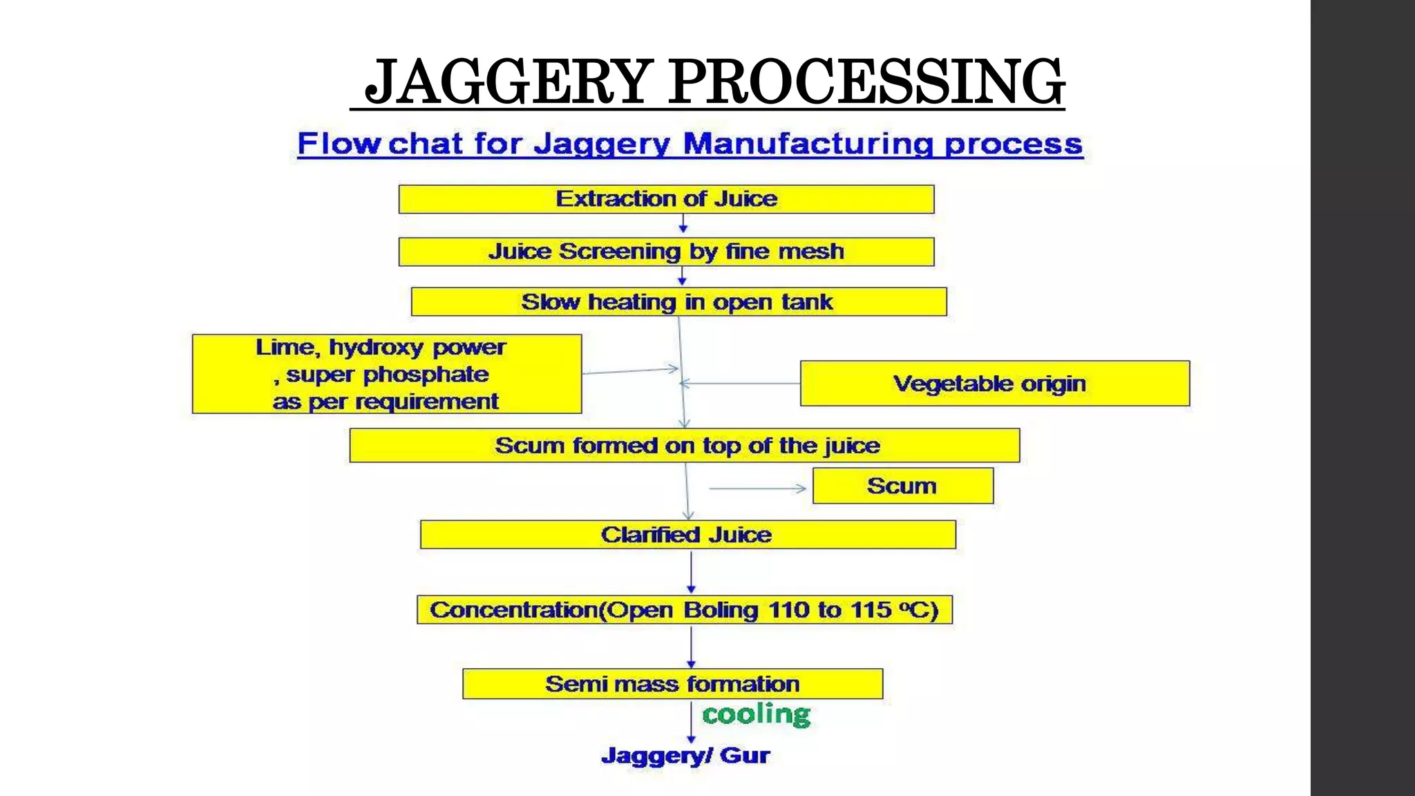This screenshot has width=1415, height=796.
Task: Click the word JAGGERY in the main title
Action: [x=508, y=82]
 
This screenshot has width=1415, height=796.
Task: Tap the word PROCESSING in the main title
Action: [x=866, y=82]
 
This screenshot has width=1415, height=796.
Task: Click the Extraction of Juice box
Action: [x=666, y=199]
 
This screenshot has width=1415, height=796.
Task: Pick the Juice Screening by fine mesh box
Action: [x=666, y=252]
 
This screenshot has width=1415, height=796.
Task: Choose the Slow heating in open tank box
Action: [x=678, y=302]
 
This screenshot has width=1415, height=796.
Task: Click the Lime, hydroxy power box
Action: [x=387, y=374]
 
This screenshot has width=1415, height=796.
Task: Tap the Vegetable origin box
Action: [x=994, y=383]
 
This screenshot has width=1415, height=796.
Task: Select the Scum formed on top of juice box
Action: [x=684, y=446]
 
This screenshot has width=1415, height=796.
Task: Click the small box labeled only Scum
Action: [x=902, y=486]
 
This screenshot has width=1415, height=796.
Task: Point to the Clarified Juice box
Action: [x=687, y=535]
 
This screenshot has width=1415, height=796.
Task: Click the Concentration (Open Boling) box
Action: [x=684, y=610]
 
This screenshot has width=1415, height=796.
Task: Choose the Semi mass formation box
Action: [x=672, y=684]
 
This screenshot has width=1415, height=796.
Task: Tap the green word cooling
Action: [x=756, y=714]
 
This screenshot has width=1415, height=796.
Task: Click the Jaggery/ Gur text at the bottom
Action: [x=685, y=755]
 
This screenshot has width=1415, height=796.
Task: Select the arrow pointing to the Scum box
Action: [x=757, y=489]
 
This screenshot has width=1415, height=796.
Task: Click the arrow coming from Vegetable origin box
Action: [x=739, y=383]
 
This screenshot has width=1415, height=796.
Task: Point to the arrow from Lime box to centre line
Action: [x=630, y=371]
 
